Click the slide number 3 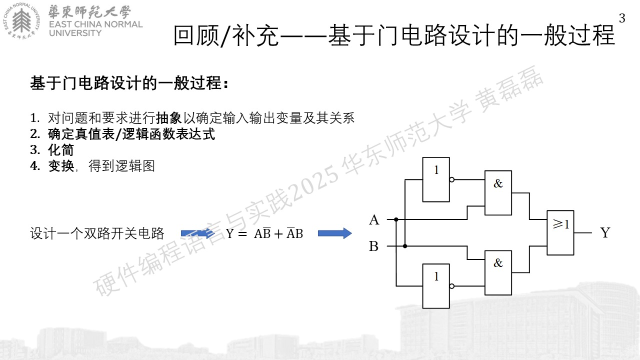(622, 18)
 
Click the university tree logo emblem (22, 21)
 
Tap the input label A (374, 220)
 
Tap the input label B (373, 246)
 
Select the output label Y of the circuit (605, 232)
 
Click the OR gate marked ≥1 (560, 232)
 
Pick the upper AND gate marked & (498, 193)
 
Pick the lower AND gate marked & (498, 273)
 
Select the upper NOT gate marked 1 (436, 179)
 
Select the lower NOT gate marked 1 (436, 286)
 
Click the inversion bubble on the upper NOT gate (451, 179)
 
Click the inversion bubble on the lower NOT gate (451, 286)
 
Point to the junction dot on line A (396, 219)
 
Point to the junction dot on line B (405, 246)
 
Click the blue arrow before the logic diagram (335, 233)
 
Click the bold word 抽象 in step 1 (168, 118)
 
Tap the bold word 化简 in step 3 (61, 150)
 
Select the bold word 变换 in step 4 (61, 166)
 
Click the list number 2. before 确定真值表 (35, 134)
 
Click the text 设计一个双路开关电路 (97, 233)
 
